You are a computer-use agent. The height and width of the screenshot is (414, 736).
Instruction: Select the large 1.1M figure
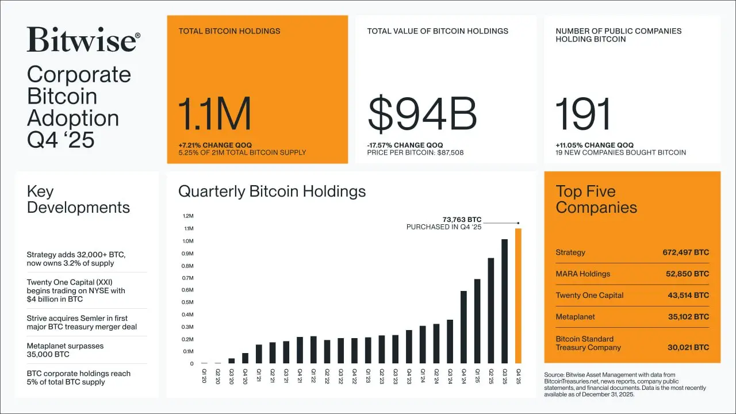(x=214, y=114)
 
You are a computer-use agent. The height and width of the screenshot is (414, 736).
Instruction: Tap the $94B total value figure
(x=422, y=114)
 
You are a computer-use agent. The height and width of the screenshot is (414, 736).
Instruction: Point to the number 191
(x=583, y=114)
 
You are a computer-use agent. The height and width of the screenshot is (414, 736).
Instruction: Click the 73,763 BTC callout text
(x=462, y=220)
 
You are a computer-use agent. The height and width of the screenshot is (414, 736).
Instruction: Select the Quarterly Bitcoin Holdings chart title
(x=272, y=191)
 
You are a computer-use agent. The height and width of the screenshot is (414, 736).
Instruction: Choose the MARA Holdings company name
(x=582, y=274)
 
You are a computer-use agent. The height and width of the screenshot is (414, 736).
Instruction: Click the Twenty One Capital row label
(x=589, y=295)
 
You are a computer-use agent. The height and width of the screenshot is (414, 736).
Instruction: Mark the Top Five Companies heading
(x=596, y=200)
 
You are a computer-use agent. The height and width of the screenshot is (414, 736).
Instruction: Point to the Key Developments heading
(x=78, y=200)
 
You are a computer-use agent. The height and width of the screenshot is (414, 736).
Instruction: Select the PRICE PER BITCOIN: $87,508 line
(x=415, y=153)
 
